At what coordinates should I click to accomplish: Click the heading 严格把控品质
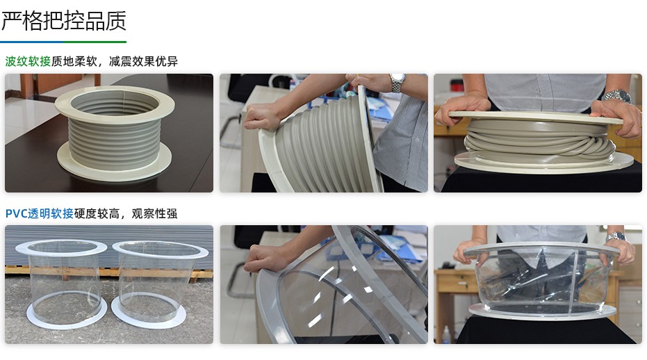pyautogui.click(x=63, y=21)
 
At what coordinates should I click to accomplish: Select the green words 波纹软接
pyautogui.click(x=28, y=61)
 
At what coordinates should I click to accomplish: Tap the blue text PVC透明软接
pyautogui.click(x=40, y=213)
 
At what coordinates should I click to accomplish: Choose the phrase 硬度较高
pyautogui.click(x=97, y=213)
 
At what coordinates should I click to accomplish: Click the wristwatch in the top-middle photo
pyautogui.click(x=398, y=82)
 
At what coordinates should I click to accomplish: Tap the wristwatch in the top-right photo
pyautogui.click(x=617, y=96)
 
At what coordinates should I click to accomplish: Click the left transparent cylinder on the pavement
pyautogui.click(x=61, y=281)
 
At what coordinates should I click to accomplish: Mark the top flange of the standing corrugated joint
pyautogui.click(x=115, y=97)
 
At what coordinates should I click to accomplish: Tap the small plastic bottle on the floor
pyautogui.click(x=446, y=335)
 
